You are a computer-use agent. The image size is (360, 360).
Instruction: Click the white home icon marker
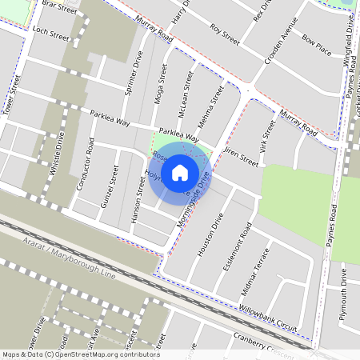point(180,172)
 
